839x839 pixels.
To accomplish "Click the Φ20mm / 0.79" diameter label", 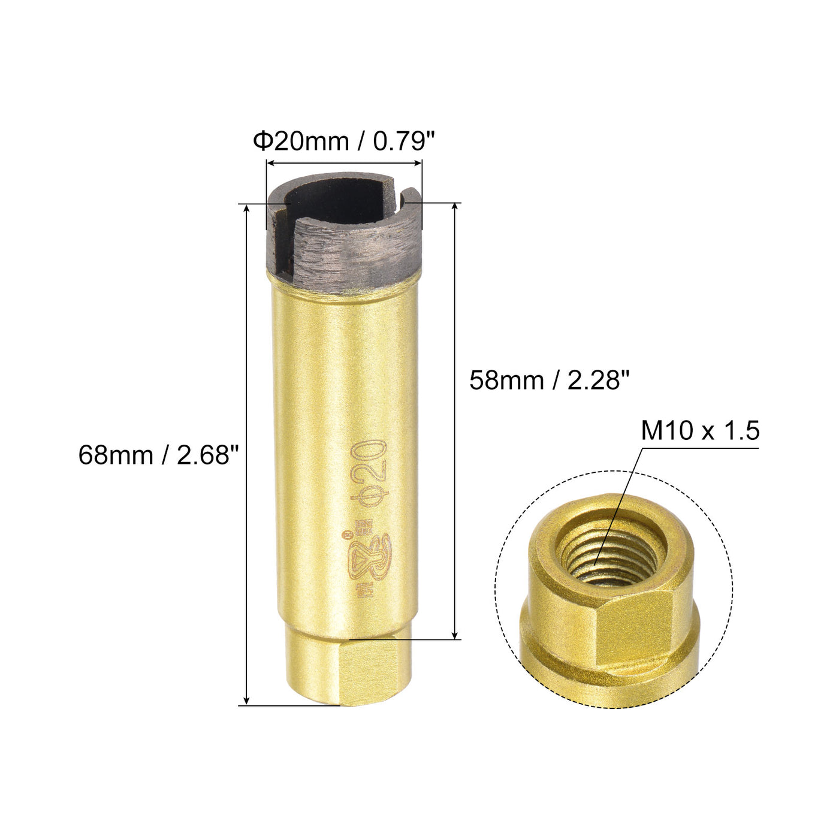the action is [x=344, y=141].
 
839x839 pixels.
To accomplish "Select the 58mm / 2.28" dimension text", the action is [x=550, y=380].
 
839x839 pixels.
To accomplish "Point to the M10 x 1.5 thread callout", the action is [x=700, y=431].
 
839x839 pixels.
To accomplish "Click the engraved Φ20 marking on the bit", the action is [x=369, y=473].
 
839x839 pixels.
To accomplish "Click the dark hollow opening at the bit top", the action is [x=335, y=203].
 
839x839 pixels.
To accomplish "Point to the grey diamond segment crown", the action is [x=344, y=244].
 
